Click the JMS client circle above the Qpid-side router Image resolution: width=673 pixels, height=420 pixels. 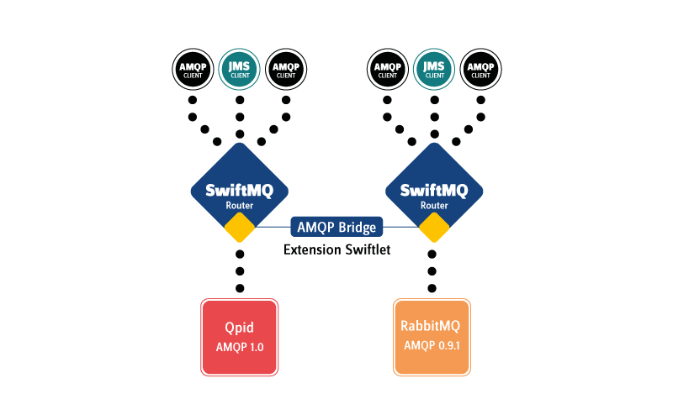[x=240, y=69]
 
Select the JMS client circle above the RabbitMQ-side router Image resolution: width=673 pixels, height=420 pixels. [x=434, y=69]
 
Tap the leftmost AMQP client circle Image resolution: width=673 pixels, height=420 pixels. [x=192, y=69]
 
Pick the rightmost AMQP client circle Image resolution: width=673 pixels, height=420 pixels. [x=481, y=69]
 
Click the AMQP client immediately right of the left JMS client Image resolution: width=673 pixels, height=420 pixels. [x=286, y=69]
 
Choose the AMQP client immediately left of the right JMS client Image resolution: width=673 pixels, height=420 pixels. [x=387, y=69]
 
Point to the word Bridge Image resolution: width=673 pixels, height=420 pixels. [x=358, y=227]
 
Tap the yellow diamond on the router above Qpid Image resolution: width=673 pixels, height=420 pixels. [x=240, y=227]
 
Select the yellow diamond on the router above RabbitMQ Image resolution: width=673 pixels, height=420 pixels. [x=434, y=227]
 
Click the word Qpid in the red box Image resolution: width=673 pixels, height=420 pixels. [x=240, y=328]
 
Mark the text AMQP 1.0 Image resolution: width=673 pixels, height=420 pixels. [x=240, y=347]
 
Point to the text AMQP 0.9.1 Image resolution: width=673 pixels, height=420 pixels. [x=432, y=345]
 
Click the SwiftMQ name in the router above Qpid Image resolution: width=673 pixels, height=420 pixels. [x=240, y=189]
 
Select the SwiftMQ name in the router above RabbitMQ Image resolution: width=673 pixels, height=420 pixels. [x=434, y=189]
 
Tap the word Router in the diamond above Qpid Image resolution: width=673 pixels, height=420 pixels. [x=240, y=205]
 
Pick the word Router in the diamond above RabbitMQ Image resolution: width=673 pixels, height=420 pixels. [x=434, y=205]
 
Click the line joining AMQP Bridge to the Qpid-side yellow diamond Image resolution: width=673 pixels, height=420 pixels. [x=273, y=227]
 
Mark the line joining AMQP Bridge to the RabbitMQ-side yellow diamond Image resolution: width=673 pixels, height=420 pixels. [x=401, y=227]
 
